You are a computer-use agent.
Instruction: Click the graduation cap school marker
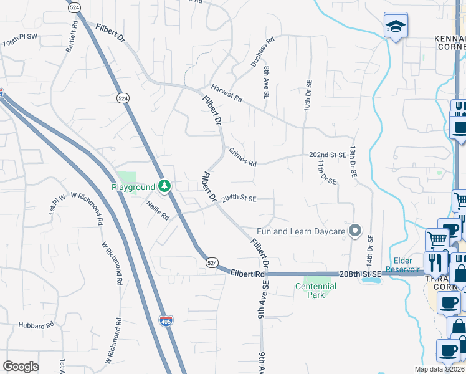click(396, 26)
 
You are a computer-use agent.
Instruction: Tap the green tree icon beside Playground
click(164, 186)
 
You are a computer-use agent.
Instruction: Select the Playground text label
click(133, 187)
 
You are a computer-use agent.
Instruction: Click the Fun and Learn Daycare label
click(300, 232)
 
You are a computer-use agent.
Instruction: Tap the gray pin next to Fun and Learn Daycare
click(355, 231)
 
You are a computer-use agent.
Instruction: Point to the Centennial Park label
click(316, 290)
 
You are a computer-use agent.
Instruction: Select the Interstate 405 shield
click(166, 320)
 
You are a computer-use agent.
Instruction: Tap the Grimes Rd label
click(242, 157)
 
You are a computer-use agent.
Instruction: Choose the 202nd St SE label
click(328, 155)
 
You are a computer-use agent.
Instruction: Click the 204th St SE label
click(239, 199)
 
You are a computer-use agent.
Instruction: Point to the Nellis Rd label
click(158, 212)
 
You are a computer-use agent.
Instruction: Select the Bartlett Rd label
click(68, 37)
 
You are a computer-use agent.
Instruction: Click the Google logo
click(21, 367)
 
